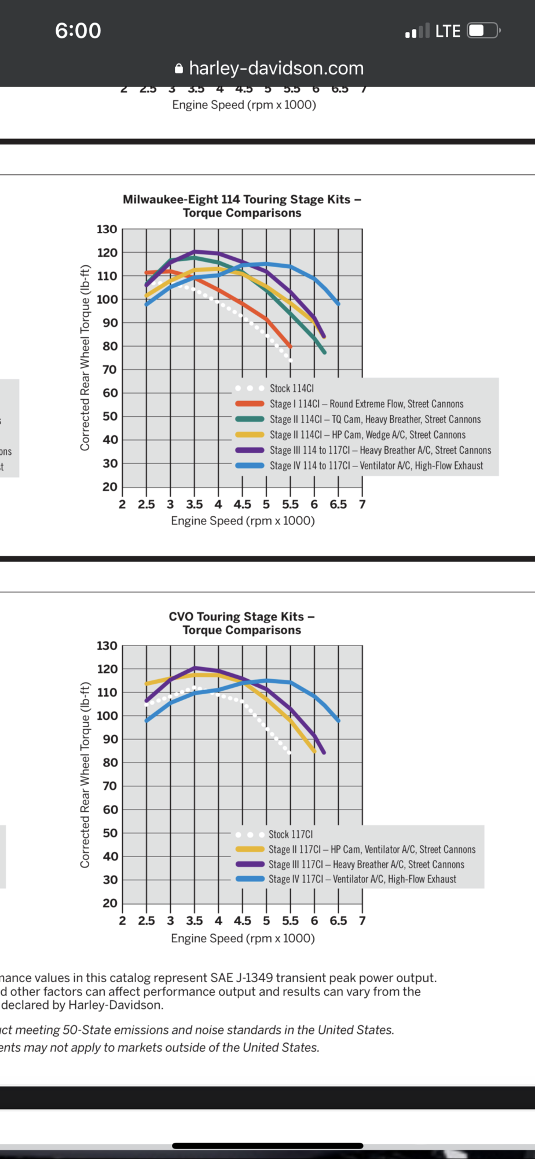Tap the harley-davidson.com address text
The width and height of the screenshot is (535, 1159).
click(x=276, y=68)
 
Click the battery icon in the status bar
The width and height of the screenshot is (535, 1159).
click(x=483, y=31)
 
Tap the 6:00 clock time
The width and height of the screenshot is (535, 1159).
click(x=78, y=31)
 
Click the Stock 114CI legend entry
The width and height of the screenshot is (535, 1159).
click(x=291, y=388)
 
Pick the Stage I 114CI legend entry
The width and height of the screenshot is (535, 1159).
click(x=366, y=404)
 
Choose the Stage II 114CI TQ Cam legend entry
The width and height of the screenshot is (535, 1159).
click(x=375, y=419)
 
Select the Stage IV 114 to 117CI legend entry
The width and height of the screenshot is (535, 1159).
click(x=376, y=465)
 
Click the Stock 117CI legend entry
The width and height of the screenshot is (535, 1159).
click(x=290, y=834)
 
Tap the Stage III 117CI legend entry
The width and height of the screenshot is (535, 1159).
click(x=366, y=865)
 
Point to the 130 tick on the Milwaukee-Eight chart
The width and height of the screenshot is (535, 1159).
click(x=107, y=229)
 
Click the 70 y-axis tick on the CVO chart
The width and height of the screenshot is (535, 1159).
click(x=109, y=786)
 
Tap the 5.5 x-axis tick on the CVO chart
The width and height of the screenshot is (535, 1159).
click(x=290, y=921)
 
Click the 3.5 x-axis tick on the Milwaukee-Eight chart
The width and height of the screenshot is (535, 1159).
click(x=195, y=504)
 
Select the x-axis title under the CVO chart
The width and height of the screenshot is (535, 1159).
click(x=243, y=938)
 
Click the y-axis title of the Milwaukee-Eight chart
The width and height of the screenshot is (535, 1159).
click(x=85, y=358)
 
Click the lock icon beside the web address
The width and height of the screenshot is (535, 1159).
click(x=179, y=69)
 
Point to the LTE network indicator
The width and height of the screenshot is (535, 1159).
click(x=448, y=31)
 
